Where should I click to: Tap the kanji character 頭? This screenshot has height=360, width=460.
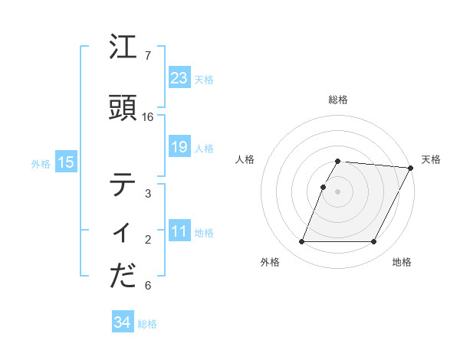coord(123,108)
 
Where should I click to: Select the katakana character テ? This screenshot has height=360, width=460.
coord(123,185)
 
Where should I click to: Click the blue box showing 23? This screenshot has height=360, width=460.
coord(179,77)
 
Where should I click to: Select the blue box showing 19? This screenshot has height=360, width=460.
coord(179,147)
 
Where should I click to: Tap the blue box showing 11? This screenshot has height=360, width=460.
coord(179,231)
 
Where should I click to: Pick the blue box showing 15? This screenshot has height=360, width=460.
coord(65,162)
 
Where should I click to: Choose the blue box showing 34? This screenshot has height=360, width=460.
coord(122,322)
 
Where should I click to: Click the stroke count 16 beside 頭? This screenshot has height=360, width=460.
coord(148,117)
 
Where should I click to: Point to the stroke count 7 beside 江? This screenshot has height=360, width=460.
coord(148,56)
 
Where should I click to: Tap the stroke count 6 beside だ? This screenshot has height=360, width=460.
coord(148,286)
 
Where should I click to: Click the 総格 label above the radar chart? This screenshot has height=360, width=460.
coord(338,100)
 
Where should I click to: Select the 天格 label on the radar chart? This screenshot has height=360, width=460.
coord(431,159)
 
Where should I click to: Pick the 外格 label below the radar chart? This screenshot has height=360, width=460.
coord(270,262)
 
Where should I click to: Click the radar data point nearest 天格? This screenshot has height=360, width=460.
coord(411,168)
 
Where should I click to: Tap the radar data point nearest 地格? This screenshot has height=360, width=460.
coord(374,242)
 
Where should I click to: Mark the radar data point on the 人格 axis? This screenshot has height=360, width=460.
coord(323,187)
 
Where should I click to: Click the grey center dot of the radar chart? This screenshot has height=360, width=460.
coord(338,191)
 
